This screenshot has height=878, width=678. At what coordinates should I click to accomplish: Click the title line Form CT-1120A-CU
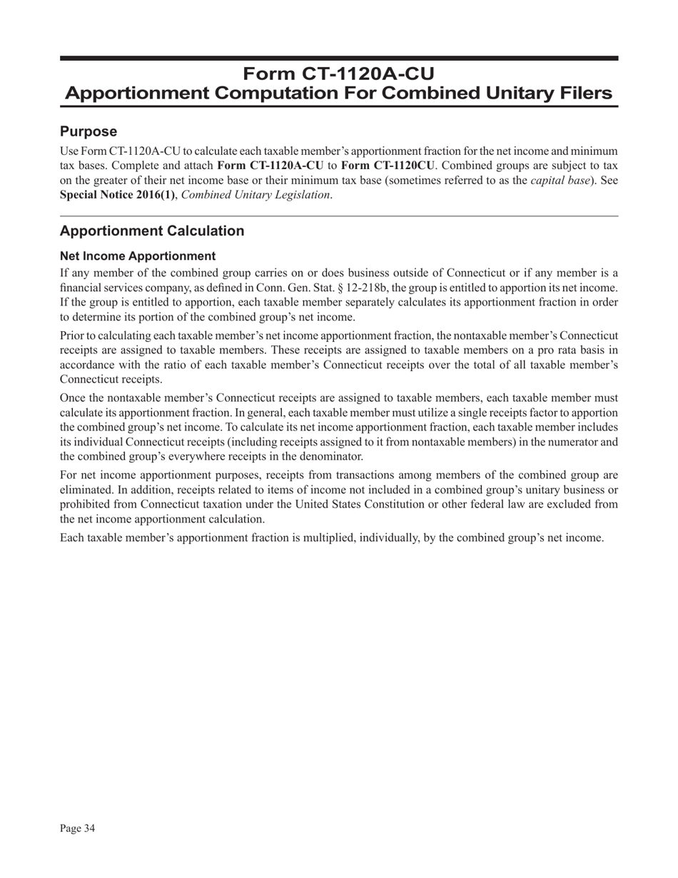click(x=338, y=74)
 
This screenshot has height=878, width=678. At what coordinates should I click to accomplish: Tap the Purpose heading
click(x=88, y=132)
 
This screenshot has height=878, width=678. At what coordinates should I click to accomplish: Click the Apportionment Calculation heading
click(x=152, y=231)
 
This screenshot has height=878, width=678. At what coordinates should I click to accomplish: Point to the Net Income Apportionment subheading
click(x=138, y=256)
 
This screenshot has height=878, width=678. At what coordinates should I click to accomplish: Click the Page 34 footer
click(x=78, y=828)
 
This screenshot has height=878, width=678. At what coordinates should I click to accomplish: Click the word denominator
click(x=333, y=456)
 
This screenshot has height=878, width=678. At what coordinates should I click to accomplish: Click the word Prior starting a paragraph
click(x=73, y=335)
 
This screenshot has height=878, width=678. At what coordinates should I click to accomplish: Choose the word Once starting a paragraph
click(x=74, y=398)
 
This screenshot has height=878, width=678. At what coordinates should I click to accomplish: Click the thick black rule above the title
click(x=338, y=58)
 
